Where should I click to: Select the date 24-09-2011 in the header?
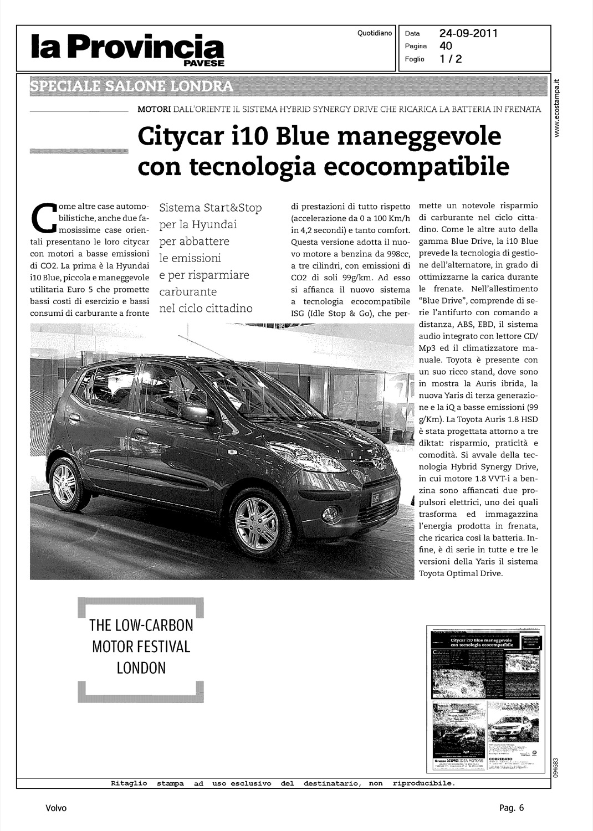pyautogui.click(x=469, y=34)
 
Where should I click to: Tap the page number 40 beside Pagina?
pyautogui.click(x=446, y=46)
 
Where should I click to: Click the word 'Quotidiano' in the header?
pyautogui.click(x=375, y=33)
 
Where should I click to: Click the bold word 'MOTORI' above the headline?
pyautogui.click(x=154, y=110)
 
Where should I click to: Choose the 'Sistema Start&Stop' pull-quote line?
pyautogui.click(x=210, y=208)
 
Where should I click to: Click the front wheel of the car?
pyautogui.click(x=257, y=523)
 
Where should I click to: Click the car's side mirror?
pyautogui.click(x=190, y=413)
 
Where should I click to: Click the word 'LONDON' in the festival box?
pyautogui.click(x=141, y=668)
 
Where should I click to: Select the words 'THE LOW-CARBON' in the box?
pyautogui.click(x=141, y=626)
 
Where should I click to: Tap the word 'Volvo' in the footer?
pyautogui.click(x=56, y=808)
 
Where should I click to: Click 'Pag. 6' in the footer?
pyautogui.click(x=508, y=808)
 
